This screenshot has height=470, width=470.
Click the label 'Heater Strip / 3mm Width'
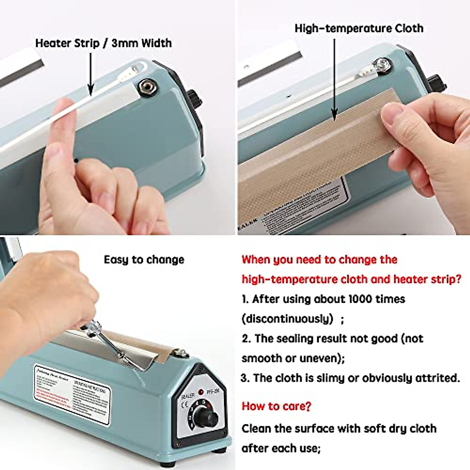pos(103,43)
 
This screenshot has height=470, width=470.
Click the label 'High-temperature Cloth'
pos(359,29)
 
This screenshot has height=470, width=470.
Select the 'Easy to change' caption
pos(144,260)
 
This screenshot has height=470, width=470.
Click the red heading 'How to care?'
pos(276,406)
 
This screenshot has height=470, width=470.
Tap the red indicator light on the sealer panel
pos(201,392)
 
